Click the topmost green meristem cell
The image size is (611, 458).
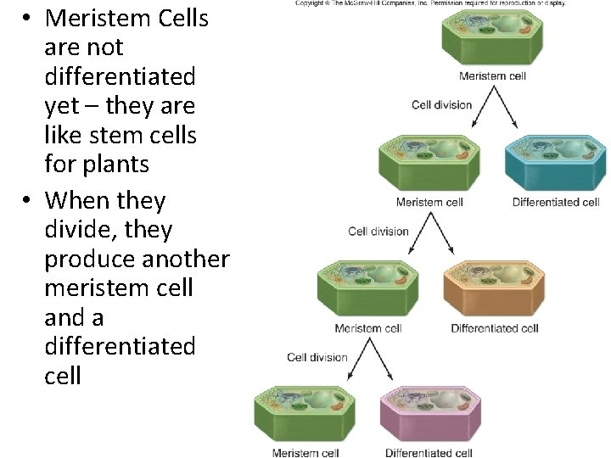pyautogui.click(x=493, y=39)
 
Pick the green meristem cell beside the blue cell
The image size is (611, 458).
pyautogui.click(x=429, y=162)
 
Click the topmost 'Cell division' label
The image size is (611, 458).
pyautogui.click(x=442, y=105)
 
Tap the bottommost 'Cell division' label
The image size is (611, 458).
pyautogui.click(x=317, y=357)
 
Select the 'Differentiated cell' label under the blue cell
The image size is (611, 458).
pyautogui.click(x=556, y=202)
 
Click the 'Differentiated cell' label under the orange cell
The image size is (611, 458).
pyautogui.click(x=495, y=328)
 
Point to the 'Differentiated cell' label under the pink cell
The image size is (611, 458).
pyautogui.click(x=429, y=453)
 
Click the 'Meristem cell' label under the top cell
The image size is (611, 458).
pyautogui.click(x=493, y=75)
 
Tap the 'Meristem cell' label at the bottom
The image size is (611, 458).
pyautogui.click(x=306, y=453)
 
